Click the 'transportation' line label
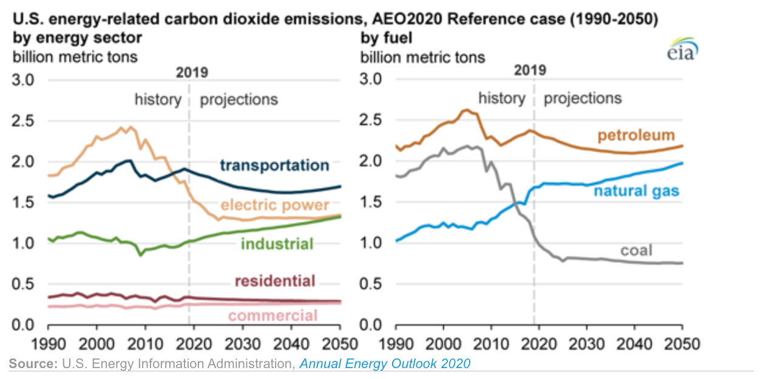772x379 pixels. [275, 166]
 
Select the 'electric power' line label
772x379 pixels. [275, 205]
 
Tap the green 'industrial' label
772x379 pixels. [277, 244]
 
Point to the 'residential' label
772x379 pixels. [275, 281]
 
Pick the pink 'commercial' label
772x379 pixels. [273, 316]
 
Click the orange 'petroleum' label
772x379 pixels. [636, 135]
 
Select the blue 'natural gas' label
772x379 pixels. [637, 191]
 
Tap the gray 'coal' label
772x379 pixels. [637, 250]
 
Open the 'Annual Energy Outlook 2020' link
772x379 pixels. [385, 363]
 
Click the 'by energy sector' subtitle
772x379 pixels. [77, 38]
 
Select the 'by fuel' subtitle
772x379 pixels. [387, 38]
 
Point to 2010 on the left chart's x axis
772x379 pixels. [145, 344]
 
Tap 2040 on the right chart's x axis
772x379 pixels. [634, 344]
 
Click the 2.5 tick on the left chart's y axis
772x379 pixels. [23, 121]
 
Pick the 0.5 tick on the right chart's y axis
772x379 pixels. [370, 284]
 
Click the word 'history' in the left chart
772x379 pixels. [158, 100]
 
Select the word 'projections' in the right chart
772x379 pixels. [583, 98]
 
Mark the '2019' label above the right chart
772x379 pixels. [530, 70]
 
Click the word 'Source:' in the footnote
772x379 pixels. [33, 363]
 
